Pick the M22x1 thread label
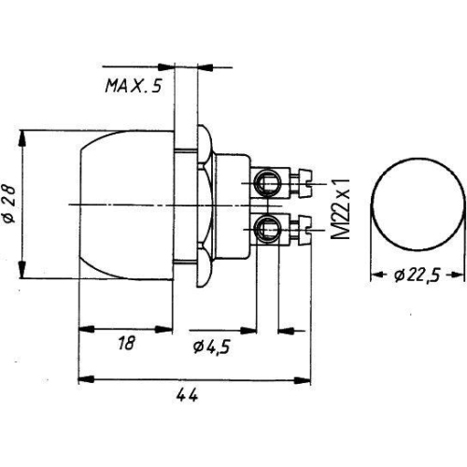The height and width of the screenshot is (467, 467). pos(342,203)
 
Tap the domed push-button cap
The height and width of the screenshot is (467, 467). pos(126,203)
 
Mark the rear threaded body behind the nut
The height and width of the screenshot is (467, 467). pos(233,203)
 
